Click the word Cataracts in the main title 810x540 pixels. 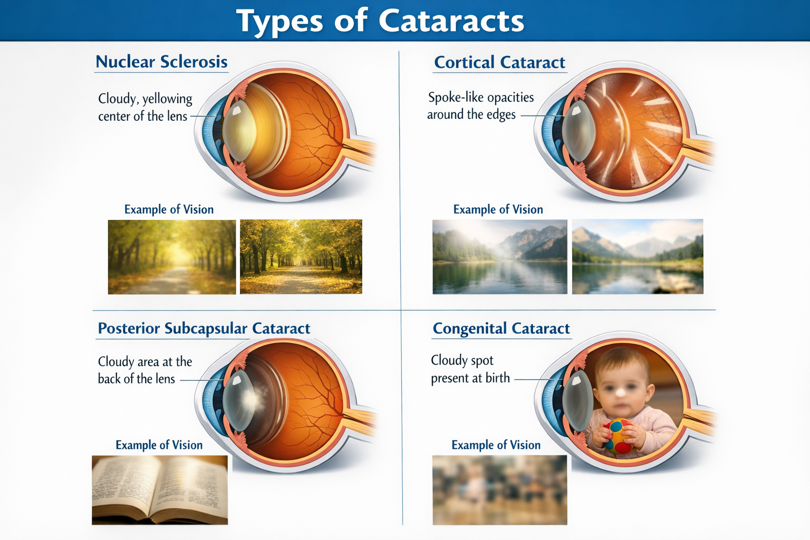click(x=451, y=21)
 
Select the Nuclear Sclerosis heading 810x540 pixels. click(x=162, y=62)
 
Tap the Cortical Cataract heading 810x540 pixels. click(x=499, y=62)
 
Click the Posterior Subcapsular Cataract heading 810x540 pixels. click(x=204, y=328)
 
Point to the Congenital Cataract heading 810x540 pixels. click(x=501, y=329)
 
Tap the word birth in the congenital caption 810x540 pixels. click(x=498, y=378)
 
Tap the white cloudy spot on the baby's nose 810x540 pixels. click(x=620, y=392)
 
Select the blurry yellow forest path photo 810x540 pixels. click(x=172, y=257)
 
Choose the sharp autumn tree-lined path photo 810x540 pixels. click(x=301, y=256)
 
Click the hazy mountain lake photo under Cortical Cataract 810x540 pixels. click(x=500, y=256)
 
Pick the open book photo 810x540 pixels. click(x=160, y=490)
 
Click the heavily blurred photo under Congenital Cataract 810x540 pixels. click(x=500, y=490)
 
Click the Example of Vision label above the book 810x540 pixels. click(x=159, y=445)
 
